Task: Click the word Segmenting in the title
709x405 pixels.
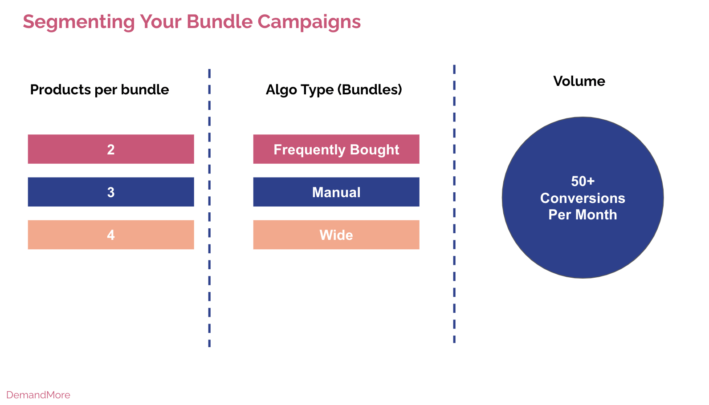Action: click(x=79, y=22)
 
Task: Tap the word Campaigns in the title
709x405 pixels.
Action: click(x=309, y=22)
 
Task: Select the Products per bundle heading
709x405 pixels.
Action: click(x=99, y=90)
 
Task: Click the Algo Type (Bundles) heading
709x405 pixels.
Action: click(x=334, y=90)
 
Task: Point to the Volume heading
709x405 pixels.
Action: click(x=579, y=81)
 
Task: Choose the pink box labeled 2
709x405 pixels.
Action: click(x=111, y=149)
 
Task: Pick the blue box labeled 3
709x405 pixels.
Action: click(x=111, y=192)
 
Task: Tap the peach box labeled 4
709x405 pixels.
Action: click(x=111, y=235)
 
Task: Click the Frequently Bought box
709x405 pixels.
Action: click(x=336, y=149)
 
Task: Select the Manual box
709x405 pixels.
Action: click(x=336, y=192)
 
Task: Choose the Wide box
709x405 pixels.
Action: click(x=336, y=235)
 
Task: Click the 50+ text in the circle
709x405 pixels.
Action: click(x=583, y=181)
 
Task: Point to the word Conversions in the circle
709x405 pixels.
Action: click(x=583, y=198)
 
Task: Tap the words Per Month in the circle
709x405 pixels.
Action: click(x=583, y=215)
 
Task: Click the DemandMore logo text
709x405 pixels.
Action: click(x=38, y=395)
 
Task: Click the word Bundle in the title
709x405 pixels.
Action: click(x=220, y=22)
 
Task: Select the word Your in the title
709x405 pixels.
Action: click(x=161, y=22)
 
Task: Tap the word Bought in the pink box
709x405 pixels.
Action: click(x=375, y=150)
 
